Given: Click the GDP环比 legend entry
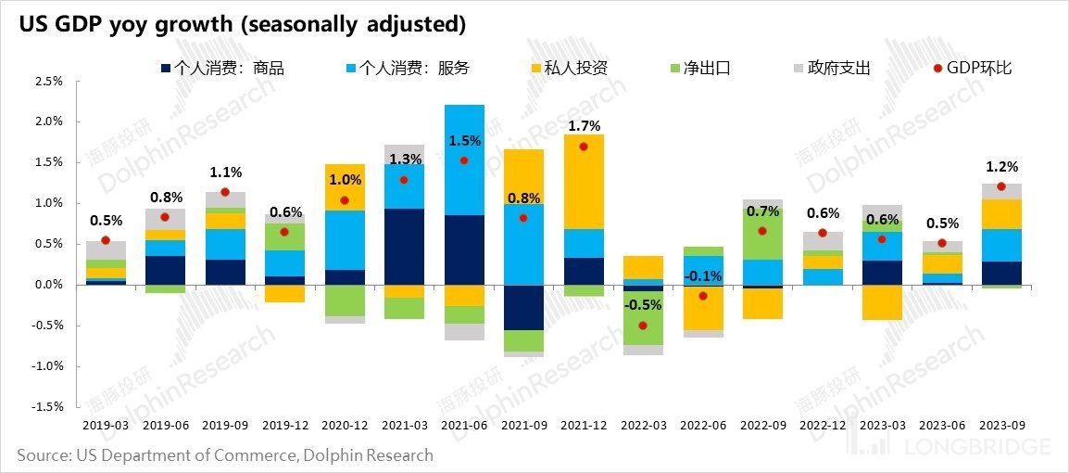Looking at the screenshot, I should pos(972,68).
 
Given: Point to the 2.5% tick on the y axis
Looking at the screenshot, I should pos(49,82).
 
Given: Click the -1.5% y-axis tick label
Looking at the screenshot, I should pos(47,407).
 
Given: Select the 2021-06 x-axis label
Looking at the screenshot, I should pos(464,425).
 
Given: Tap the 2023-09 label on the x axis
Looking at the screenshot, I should pos(1000,425).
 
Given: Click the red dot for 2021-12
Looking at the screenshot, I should pos(584,147).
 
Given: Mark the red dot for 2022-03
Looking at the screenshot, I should pos(643,326).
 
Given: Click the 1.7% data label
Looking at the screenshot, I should pos(584,126).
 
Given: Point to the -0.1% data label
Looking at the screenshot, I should pos(702,276).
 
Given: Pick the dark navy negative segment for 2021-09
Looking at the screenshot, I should pos(523,307).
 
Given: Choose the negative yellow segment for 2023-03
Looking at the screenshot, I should pos(882,302).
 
